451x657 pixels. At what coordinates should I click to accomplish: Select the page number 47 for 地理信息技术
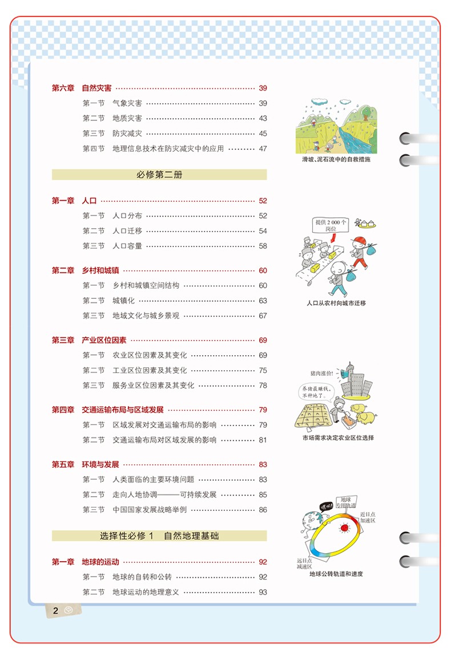coord(263,149)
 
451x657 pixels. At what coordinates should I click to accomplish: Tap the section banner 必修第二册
coord(159,175)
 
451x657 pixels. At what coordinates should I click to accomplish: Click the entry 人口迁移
coord(127,231)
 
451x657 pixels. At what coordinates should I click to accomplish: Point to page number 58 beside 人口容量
coord(263,246)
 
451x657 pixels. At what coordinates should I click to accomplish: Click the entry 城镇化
coord(123,301)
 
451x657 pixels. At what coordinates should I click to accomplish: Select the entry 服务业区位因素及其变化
coord(153,386)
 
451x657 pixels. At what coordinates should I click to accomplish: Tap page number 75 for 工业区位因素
coord(263,371)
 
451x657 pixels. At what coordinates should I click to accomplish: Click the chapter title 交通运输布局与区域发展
coord(122,410)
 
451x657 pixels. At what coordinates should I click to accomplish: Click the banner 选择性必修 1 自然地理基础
coord(159,536)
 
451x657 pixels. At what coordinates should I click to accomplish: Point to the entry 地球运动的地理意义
coord(146,592)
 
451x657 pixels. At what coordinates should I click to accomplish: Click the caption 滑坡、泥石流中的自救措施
coord(336,160)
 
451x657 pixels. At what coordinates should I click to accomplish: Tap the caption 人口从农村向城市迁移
coord(336,303)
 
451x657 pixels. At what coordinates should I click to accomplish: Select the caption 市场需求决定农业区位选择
coord(338,438)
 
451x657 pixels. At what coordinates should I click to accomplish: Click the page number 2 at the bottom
coord(56,611)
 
